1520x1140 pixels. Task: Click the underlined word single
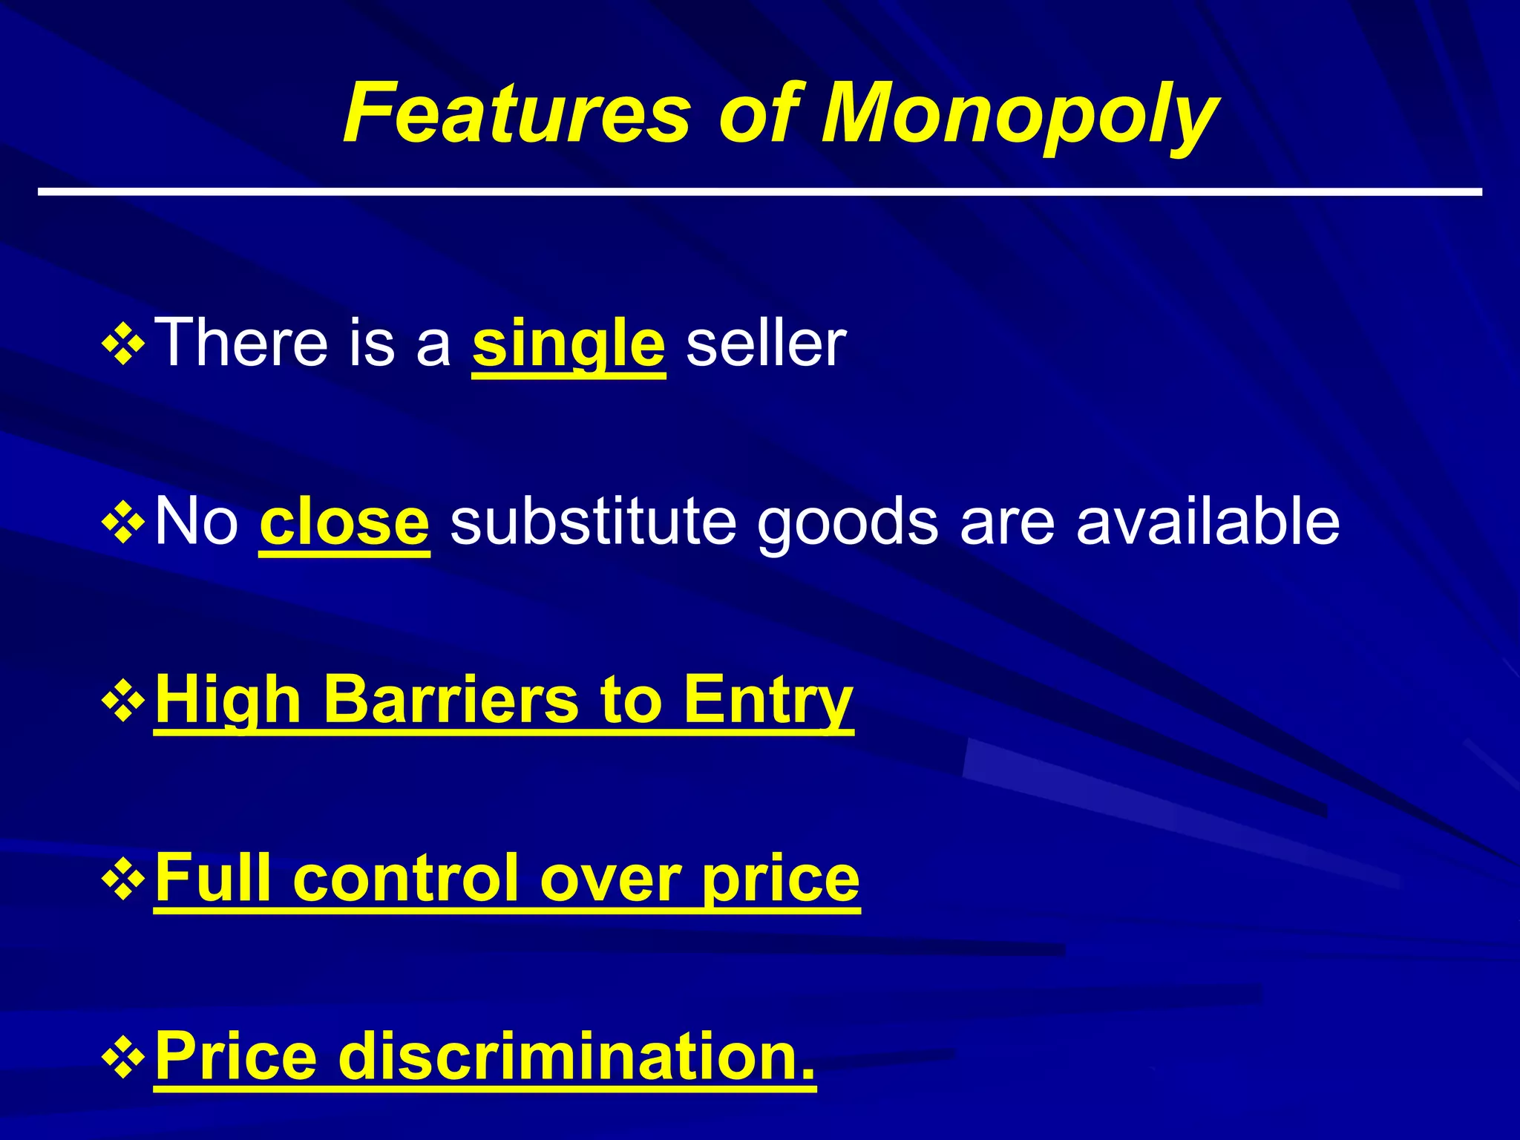click(x=569, y=343)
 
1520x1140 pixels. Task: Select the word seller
click(x=766, y=343)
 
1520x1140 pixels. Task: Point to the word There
click(x=241, y=343)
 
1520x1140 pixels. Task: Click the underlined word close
click(x=344, y=522)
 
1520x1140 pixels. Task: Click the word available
click(x=1208, y=522)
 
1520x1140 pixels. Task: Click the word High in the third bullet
click(x=228, y=701)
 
